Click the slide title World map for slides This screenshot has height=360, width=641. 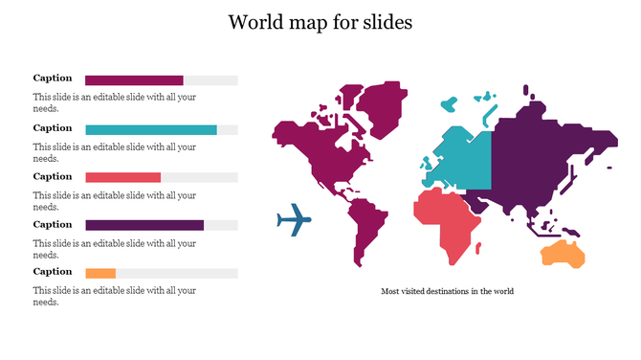pos(320,22)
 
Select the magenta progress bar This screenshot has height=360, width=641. pos(134,80)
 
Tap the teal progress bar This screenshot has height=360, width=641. pos(150,129)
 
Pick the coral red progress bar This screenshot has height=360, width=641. pos(122,177)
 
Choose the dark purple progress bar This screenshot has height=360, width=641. pos(144,225)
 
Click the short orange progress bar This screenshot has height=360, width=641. pos(100,273)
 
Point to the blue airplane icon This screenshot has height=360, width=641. pos(294,220)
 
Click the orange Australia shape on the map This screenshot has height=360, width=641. pos(564,253)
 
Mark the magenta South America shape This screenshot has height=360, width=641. pos(368,230)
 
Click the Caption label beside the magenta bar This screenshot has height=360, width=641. pos(53,79)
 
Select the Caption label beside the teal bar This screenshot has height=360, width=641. pos(53,127)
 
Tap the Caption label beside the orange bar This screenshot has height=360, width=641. pos(53,271)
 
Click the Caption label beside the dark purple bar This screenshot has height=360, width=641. pos(53,224)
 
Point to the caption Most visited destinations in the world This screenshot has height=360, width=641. pos(447,291)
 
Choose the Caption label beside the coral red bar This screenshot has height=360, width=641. pos(53,176)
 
